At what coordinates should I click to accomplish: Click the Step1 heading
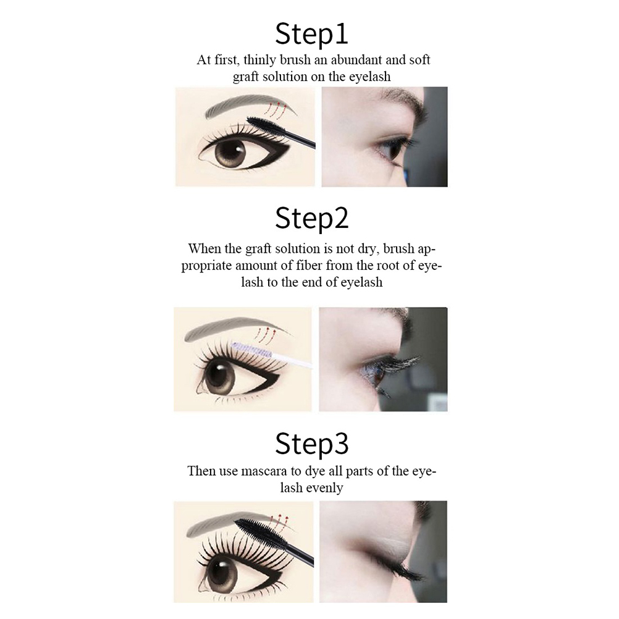[311, 35]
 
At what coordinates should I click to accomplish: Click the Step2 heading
[312, 218]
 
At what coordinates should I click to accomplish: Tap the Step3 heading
[312, 444]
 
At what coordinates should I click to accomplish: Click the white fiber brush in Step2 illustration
[269, 353]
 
